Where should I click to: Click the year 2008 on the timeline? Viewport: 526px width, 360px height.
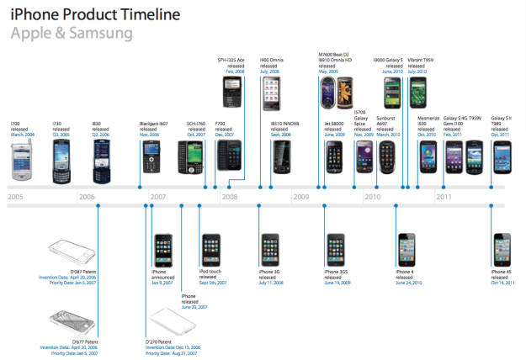click(230, 197)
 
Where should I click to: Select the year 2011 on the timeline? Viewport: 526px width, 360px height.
click(444, 197)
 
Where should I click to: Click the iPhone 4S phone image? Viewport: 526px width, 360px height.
click(502, 248)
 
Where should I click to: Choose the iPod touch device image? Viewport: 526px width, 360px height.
click(210, 250)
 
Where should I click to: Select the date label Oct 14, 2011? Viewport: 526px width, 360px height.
click(502, 283)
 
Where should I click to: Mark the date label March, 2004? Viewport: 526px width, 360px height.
click(23, 134)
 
